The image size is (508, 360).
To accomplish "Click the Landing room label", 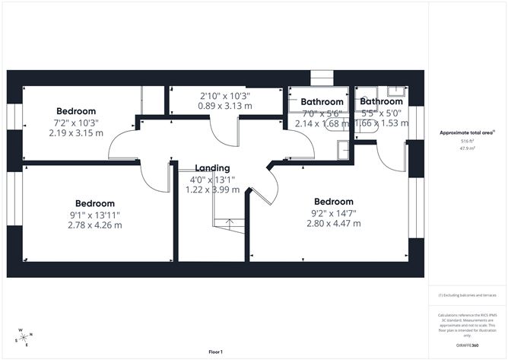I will [x=212, y=168].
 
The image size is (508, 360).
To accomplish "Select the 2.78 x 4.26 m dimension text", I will [x=95, y=225].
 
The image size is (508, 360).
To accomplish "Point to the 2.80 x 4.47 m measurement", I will [x=334, y=224].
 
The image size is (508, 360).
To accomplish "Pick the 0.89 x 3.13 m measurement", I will [x=225, y=107].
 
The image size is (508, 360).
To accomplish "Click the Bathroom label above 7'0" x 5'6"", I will [x=322, y=102].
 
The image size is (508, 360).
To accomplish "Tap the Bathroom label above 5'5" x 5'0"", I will [x=382, y=101].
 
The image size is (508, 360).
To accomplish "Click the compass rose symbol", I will [x=24, y=337].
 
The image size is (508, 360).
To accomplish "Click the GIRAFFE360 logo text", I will [x=466, y=345].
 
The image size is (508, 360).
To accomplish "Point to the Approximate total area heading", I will [x=465, y=132].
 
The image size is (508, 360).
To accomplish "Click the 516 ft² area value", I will [x=465, y=142].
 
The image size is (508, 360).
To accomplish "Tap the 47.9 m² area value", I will [x=465, y=149].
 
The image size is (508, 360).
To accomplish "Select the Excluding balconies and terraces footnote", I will [x=467, y=295].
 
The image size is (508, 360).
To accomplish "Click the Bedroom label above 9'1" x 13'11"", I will [x=95, y=203].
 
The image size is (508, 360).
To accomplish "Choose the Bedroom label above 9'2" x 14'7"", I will [x=334, y=202].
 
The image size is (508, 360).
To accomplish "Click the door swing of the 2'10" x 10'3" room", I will [x=225, y=133].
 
